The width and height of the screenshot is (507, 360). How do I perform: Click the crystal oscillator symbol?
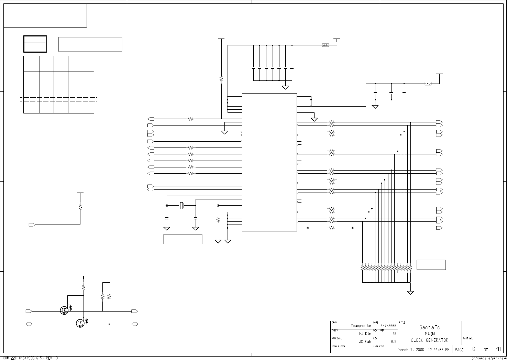coord(181,206)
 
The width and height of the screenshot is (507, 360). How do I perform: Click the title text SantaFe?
coord(429,327)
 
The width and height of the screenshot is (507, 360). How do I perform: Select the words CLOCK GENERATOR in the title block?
coord(429,340)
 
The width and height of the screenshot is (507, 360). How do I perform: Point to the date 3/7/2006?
coord(388,325)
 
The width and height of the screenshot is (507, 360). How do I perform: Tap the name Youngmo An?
coord(361,326)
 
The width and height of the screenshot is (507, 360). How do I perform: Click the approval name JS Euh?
coord(365,341)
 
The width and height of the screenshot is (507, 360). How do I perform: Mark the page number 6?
coord(473,349)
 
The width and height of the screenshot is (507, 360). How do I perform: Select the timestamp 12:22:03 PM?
coord(438,350)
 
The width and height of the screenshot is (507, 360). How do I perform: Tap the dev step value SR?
coord(394,334)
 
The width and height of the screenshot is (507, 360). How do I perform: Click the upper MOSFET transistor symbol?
coord(65,310)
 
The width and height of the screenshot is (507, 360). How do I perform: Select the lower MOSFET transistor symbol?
coord(80,323)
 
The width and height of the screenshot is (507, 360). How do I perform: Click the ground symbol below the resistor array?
coord(410,293)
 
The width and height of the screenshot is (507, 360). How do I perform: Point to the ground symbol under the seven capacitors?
coord(285,87)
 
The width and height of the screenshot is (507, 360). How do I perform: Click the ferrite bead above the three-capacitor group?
coord(428,84)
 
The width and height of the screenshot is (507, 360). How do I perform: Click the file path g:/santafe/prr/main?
coord(488,358)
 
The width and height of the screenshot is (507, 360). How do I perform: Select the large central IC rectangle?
coord(269,162)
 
